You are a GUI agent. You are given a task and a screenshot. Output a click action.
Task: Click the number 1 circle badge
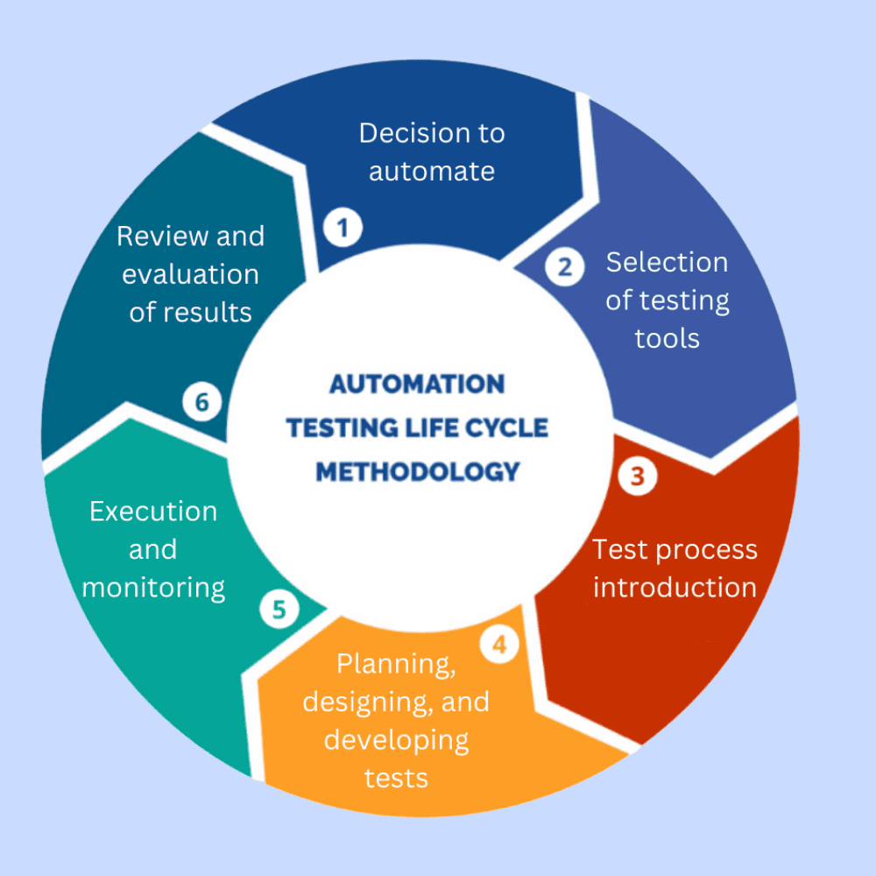coord(343,228)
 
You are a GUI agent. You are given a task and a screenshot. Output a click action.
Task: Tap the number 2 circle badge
coord(565,267)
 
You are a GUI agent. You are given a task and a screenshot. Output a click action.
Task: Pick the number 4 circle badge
coord(499,645)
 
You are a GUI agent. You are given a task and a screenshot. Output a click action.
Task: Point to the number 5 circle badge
coord(279,610)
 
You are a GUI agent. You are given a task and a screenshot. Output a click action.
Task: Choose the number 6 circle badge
coord(202,403)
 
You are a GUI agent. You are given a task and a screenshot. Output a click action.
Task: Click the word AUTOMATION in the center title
coord(417,385)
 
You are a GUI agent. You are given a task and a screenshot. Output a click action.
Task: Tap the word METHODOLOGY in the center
coord(417,471)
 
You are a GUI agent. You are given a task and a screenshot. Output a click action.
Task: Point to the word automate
coord(431,171)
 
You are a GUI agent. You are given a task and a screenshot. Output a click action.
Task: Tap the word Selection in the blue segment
coord(667,262)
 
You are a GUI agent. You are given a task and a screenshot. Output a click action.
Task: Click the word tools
coord(667,338)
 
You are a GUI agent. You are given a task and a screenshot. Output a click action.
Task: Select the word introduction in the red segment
coord(675,587)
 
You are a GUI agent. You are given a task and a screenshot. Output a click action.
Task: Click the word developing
coord(396,740)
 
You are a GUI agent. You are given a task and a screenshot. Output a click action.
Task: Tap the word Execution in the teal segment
coord(153,512)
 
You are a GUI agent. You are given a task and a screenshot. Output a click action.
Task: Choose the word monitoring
coord(153,588)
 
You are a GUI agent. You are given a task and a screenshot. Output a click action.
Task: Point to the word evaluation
coord(190,274)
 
